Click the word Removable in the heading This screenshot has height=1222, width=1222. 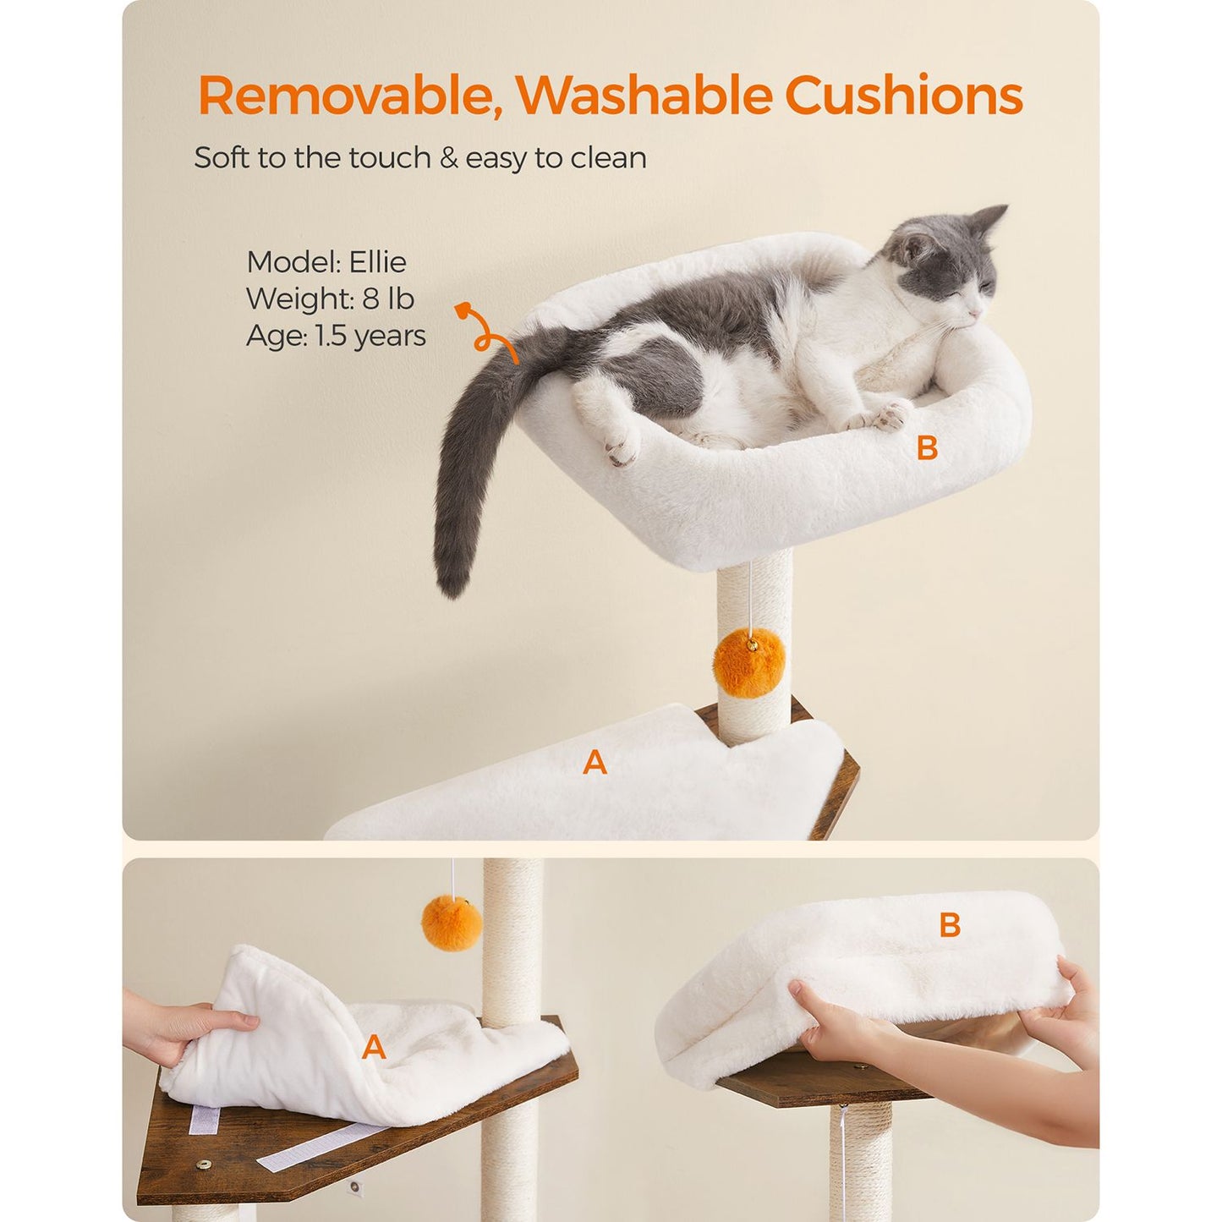pos(347,96)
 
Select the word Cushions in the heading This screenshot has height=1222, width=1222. pos(904,95)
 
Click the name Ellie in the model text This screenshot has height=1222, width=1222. pos(377,262)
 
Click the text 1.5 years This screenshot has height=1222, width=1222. pos(371,336)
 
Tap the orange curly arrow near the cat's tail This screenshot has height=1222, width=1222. pos(486,332)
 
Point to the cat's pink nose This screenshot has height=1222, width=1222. pos(980,312)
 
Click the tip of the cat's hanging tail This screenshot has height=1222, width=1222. pos(452,587)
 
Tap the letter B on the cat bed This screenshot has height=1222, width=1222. pos(927,448)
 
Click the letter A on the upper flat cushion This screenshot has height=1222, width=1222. pos(595,762)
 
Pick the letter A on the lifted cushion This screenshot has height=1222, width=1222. pos(374,1047)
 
